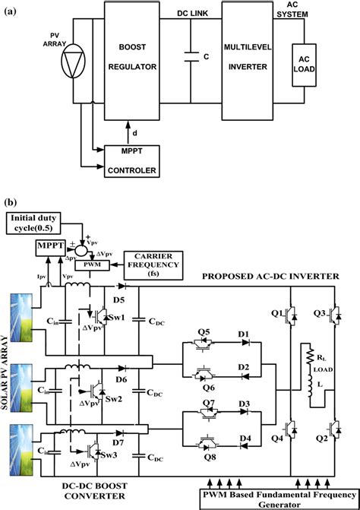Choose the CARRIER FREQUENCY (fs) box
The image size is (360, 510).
(x=159, y=261)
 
